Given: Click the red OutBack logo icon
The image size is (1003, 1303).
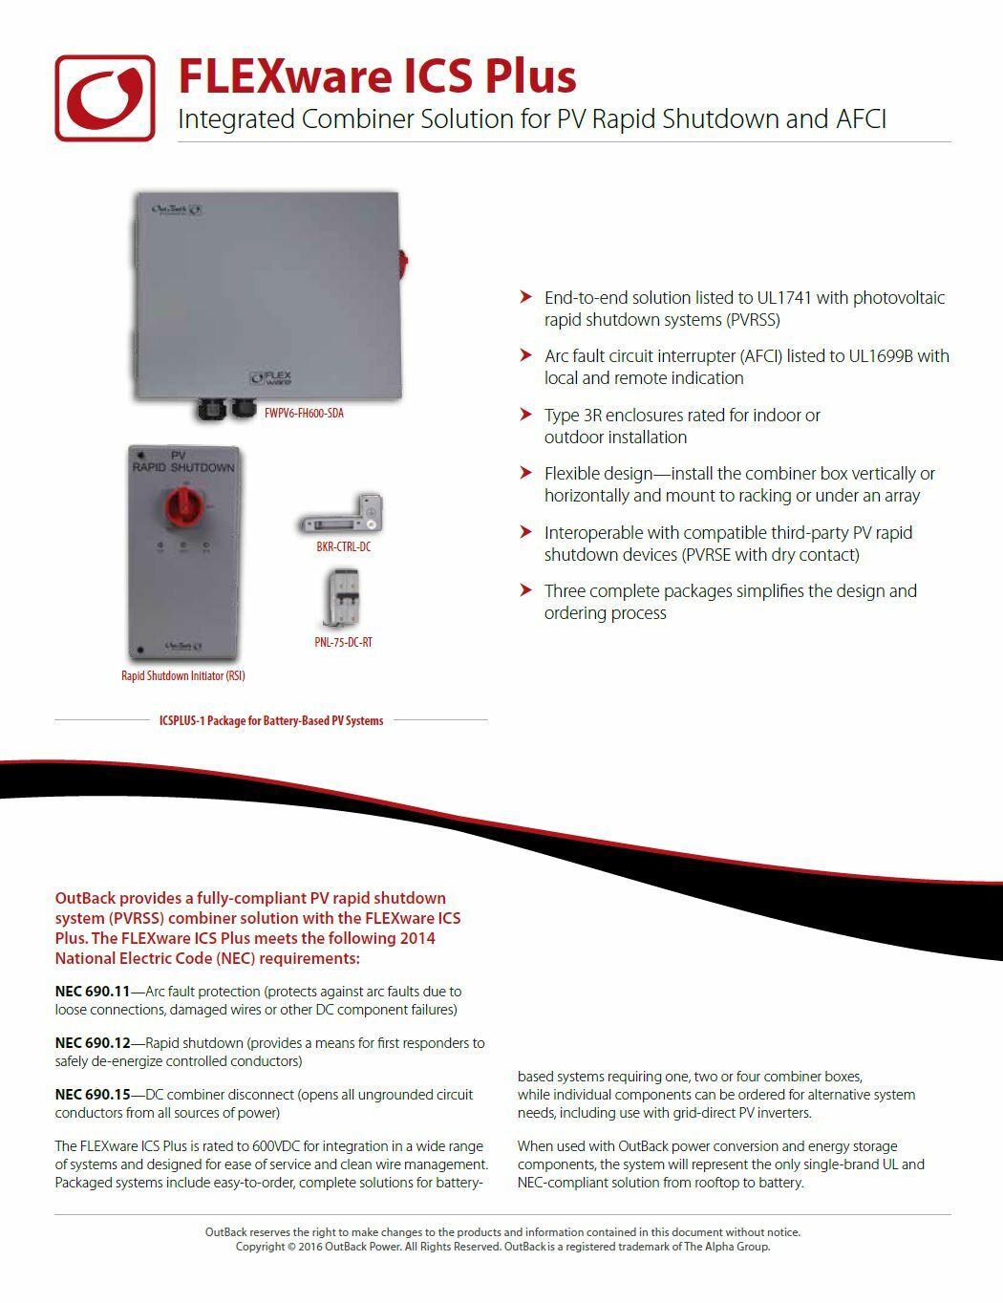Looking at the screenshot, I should click(x=105, y=97).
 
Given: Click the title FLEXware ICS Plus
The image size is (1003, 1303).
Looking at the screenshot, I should click(x=377, y=76).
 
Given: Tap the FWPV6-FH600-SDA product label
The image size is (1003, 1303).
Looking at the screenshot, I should click(x=304, y=414).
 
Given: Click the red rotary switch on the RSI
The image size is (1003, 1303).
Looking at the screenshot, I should click(x=181, y=503).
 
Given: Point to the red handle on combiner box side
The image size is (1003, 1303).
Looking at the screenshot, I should click(x=403, y=259).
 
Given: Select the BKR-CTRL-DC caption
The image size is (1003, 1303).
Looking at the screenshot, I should click(x=343, y=546).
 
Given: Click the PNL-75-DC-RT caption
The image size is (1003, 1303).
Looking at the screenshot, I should click(x=343, y=642).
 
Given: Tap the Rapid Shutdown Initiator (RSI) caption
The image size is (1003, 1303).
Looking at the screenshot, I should click(x=182, y=675).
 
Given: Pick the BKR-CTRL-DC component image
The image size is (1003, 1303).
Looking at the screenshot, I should click(x=342, y=515).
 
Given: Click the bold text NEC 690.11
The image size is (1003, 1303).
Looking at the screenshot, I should click(x=92, y=992).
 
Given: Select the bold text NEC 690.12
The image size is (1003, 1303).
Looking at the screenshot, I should click(x=92, y=1043).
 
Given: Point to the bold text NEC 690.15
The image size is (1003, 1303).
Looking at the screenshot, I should click(x=92, y=1095).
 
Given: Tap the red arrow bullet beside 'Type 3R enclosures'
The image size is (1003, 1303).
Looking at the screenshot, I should click(x=524, y=415).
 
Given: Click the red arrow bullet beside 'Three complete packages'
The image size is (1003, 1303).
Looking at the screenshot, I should click(x=524, y=590).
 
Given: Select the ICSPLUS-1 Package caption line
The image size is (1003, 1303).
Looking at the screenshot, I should click(x=271, y=720).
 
